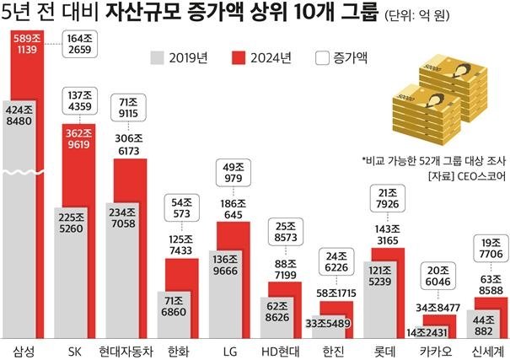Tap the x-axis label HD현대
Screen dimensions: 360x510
click(x=280, y=349)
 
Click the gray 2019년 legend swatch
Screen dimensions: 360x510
click(x=158, y=57)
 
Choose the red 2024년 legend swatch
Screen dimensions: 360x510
click(x=239, y=57)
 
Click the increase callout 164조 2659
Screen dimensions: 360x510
click(x=85, y=43)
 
